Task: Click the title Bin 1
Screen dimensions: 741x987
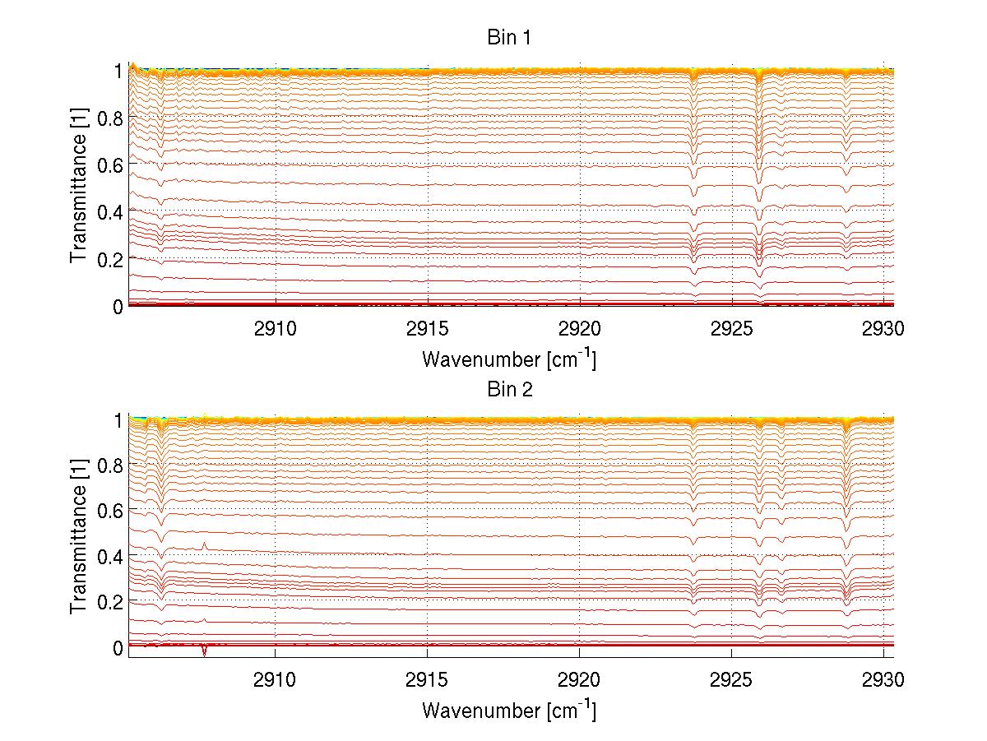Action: (510, 38)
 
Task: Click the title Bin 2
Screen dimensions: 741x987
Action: (510, 389)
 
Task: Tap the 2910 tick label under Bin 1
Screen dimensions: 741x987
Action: (275, 331)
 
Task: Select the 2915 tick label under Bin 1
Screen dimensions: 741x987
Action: (427, 331)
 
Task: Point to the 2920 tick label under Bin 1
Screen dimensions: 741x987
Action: (580, 331)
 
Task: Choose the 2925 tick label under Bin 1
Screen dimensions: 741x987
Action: (732, 331)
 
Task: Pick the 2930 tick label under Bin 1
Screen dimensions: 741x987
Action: (883, 331)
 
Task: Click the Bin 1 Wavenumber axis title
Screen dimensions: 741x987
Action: (509, 359)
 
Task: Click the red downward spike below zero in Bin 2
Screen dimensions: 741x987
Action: (204, 652)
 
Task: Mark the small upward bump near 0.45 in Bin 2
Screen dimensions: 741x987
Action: (204, 545)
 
